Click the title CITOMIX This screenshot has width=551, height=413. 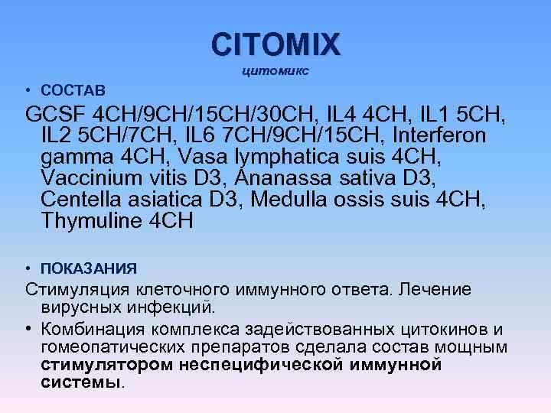click(276, 44)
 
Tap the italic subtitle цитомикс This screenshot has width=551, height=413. click(276, 71)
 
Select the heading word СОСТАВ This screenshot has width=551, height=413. click(73, 90)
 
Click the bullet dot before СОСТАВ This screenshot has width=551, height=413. click(28, 90)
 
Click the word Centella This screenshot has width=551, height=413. click(80, 200)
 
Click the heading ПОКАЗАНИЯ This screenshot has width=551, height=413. click(89, 268)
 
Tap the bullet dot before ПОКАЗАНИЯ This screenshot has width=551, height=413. click(28, 268)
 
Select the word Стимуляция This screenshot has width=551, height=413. click(78, 290)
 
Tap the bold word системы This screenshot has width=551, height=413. click(80, 382)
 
